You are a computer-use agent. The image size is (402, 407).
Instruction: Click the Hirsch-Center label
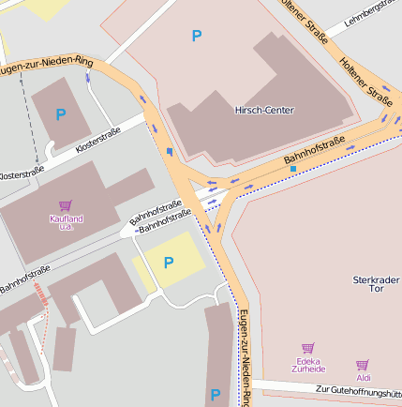click(263, 111)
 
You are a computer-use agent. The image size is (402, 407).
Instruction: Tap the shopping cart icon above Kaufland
click(65, 205)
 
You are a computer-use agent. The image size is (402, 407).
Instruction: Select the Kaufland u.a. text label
click(66, 222)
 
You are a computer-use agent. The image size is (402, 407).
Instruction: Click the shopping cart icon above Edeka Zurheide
click(307, 348)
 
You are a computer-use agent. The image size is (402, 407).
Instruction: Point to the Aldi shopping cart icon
click(363, 365)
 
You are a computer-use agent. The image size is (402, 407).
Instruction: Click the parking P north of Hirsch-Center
click(196, 36)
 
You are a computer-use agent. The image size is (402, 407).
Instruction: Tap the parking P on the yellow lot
click(169, 263)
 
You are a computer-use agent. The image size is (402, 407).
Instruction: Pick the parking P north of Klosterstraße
click(61, 114)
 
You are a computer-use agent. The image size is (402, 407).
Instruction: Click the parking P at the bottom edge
click(215, 395)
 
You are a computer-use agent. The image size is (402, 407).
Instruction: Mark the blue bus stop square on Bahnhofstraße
click(293, 168)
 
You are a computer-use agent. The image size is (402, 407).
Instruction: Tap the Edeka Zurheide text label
click(307, 365)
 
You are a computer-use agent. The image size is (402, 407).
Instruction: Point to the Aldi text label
click(363, 378)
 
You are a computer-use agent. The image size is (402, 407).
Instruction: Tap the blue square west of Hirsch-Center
click(169, 150)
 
